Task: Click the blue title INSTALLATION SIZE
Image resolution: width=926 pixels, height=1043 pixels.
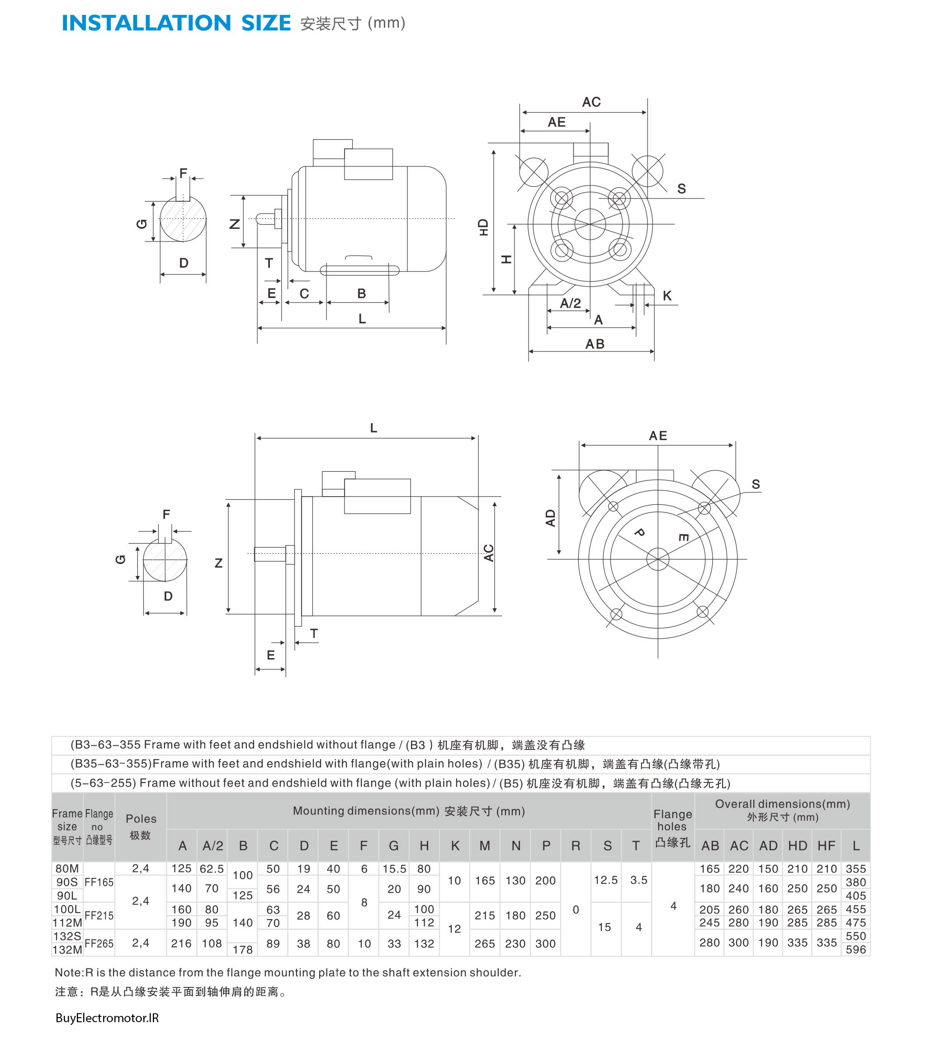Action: pos(176,24)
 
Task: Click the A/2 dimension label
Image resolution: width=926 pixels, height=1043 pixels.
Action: pos(571,303)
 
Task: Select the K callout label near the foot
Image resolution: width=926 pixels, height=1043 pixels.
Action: pos(667,295)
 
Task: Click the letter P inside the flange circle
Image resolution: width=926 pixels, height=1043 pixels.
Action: pos(639,533)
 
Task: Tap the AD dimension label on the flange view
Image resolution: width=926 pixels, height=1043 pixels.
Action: pos(550,518)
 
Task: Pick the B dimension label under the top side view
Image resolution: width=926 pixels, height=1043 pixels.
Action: pos(362,294)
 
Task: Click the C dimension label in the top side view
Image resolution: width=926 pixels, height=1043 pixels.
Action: pos(304,294)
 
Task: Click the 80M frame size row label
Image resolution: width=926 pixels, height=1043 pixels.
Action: pos(67,868)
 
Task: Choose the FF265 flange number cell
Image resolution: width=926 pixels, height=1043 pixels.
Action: pos(99,943)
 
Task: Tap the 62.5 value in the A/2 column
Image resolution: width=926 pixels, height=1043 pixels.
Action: pos(212,868)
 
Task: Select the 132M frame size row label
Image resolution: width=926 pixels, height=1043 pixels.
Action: pos(67,950)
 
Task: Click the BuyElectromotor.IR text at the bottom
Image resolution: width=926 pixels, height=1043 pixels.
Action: pos(107,1018)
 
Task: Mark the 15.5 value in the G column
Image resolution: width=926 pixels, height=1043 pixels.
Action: pos(394,868)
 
